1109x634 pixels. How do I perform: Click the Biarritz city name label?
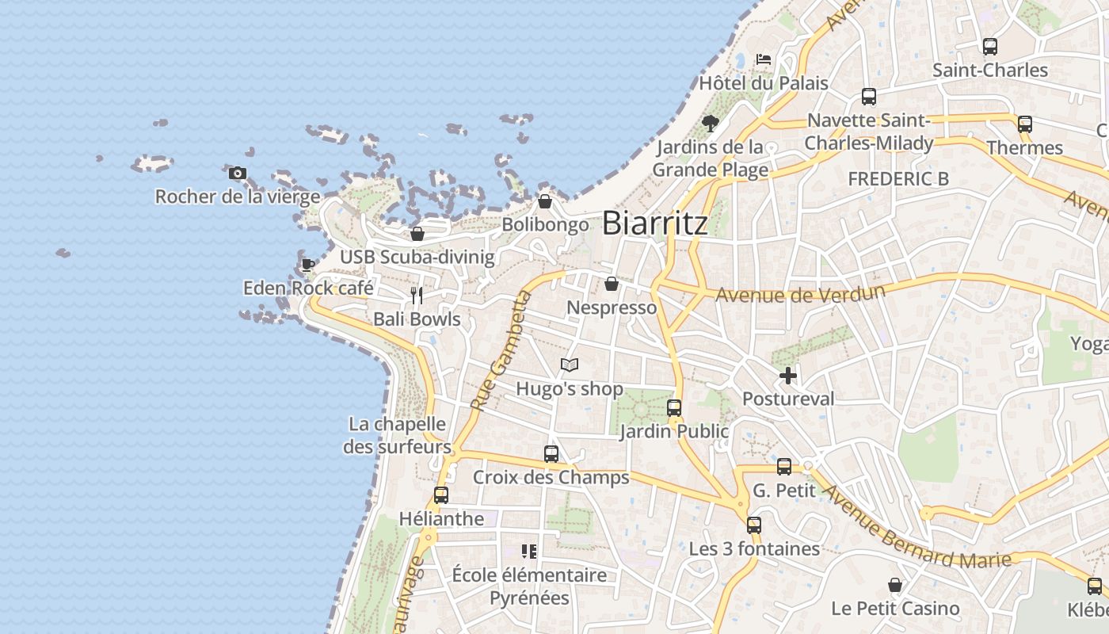pos(655,223)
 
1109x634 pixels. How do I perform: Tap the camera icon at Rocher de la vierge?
pos(237,173)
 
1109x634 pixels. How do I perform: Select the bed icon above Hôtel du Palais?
pos(764,59)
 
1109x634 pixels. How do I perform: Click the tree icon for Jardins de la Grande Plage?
pos(710,123)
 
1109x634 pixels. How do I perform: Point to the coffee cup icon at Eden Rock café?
pos(307,265)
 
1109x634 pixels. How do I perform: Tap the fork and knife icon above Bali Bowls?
pos(417,296)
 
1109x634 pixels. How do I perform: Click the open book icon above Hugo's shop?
pos(569,365)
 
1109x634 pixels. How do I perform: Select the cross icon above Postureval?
pos(787,376)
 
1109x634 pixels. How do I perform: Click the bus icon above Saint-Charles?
pos(989,47)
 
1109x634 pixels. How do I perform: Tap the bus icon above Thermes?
pos(1024,124)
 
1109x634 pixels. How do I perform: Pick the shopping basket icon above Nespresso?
pos(612,284)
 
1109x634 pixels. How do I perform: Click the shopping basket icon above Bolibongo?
pos(545,201)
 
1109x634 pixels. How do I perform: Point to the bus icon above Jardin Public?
pos(673,408)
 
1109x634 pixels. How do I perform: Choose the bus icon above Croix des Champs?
pos(551,454)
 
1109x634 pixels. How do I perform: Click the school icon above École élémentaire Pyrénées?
pos(528,551)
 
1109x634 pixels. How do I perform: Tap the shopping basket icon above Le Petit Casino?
pos(894,585)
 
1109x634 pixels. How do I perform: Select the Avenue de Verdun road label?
pos(800,294)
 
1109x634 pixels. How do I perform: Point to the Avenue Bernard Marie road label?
pos(917,526)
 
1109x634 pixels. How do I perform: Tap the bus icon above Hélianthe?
pos(440,495)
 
